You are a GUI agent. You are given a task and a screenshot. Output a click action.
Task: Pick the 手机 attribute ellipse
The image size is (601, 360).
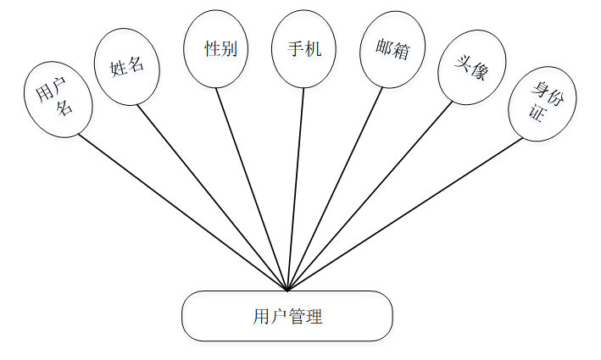[303, 49]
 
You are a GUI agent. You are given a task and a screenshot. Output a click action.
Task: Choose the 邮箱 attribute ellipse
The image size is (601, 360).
[386, 50]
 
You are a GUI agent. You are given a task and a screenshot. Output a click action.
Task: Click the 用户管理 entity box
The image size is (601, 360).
[287, 317]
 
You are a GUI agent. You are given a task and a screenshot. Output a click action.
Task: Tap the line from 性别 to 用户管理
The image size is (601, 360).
[252, 188]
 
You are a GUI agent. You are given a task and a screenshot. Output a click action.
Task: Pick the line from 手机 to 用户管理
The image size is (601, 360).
[296, 188]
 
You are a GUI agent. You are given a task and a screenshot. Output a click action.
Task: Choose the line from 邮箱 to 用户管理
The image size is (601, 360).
[336, 188]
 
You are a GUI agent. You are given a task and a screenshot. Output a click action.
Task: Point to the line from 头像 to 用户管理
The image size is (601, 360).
[370, 197]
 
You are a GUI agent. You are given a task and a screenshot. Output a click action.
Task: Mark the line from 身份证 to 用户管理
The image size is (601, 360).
[405, 214]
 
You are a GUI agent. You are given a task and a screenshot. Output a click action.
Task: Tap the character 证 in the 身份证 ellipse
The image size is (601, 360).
[536, 113]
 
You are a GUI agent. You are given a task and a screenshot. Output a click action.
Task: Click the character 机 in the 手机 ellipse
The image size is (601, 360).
[314, 49]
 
